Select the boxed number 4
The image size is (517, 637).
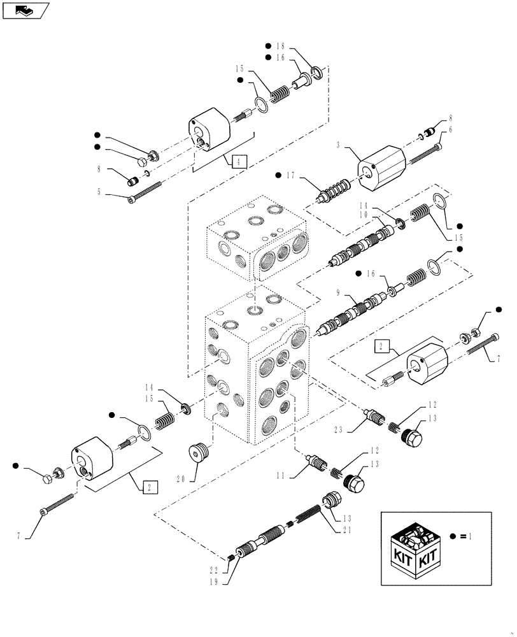(x=238, y=161)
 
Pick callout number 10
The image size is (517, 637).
(x=381, y=215)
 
